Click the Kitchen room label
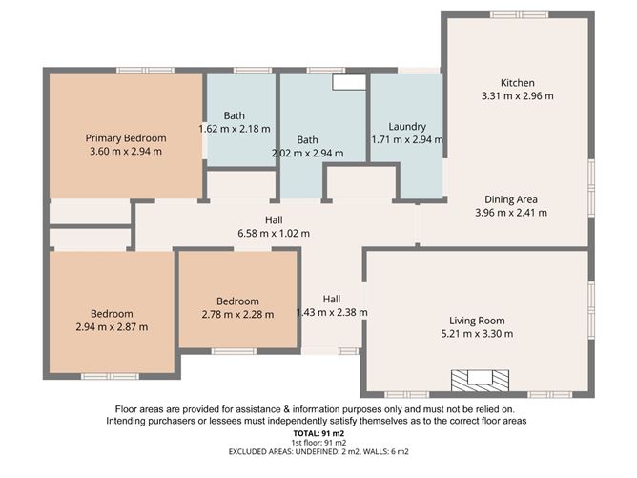click(518, 83)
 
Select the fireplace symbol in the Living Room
click(474, 380)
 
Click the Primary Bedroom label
click(125, 137)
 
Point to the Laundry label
click(407, 127)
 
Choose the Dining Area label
click(510, 199)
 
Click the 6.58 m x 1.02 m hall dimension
click(274, 233)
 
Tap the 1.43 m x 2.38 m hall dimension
click(332, 312)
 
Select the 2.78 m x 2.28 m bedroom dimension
click(237, 314)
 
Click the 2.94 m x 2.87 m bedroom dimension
click(112, 327)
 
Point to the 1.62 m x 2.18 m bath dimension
click(234, 129)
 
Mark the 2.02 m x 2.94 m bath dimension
click(307, 153)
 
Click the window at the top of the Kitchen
click(520, 14)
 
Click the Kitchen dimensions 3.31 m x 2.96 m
click(518, 96)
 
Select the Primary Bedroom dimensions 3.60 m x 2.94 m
click(125, 151)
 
